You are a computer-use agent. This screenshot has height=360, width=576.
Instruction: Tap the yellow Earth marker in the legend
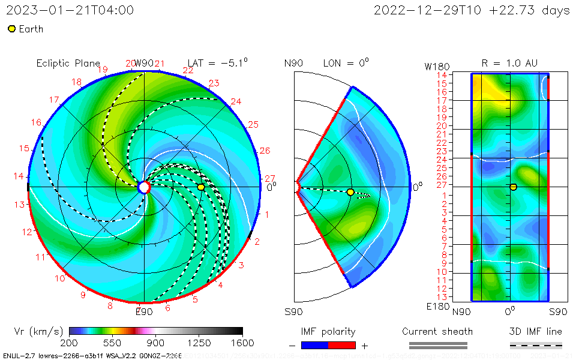11,29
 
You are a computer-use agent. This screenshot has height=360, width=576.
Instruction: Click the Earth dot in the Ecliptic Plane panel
201,187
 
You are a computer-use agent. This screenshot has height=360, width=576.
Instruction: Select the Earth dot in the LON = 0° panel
350,192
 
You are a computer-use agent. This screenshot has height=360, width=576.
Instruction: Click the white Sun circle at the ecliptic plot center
144,187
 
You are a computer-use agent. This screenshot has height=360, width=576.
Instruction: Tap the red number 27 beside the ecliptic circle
269,178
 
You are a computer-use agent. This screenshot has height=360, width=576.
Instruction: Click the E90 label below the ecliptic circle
144,311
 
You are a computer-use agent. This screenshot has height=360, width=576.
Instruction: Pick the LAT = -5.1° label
217,62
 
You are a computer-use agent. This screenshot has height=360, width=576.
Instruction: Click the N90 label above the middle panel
293,63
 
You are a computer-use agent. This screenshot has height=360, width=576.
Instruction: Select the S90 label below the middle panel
293,311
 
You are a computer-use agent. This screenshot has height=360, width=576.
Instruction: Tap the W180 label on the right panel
436,65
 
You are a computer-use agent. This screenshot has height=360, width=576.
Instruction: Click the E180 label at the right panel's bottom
436,307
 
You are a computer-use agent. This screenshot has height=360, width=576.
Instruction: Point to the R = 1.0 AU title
509,62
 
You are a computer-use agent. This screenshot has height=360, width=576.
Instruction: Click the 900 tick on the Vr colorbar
156,343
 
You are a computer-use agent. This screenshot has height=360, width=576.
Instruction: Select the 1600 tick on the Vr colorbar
242,343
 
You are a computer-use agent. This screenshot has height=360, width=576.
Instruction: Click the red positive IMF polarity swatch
342,345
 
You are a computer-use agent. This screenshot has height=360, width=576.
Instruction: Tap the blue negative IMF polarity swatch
314,345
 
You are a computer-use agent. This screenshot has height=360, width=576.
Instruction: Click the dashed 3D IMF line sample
536,345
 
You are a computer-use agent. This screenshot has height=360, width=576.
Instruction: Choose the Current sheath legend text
437,331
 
